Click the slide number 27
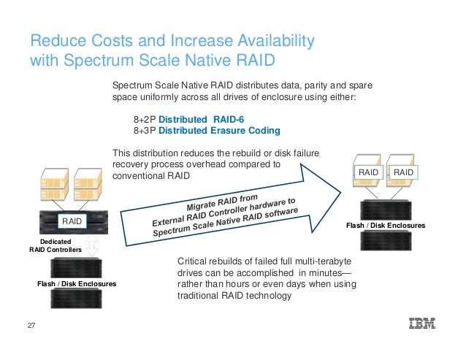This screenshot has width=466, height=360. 31,325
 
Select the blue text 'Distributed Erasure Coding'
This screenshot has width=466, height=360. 219,131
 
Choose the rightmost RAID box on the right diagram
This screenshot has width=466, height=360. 404,172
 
